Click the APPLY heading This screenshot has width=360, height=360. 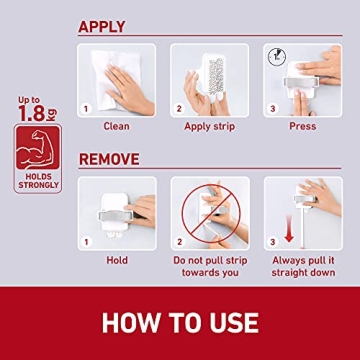pos(102,27)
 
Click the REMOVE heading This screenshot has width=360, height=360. pos(109,158)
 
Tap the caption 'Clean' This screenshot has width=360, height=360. pos(116,126)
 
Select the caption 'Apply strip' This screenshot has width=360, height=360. pos(209,126)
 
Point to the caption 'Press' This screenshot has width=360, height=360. pos(301,126)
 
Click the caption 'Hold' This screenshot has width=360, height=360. pos(116,260)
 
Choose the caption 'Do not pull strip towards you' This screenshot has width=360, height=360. pos(209,265)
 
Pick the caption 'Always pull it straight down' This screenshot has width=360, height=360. pos(301,265)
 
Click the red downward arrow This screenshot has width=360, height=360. pos(289,231)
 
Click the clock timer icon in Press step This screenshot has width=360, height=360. pos(276,56)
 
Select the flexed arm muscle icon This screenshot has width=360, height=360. pos(37,148)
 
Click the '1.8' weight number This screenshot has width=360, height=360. pos(30,112)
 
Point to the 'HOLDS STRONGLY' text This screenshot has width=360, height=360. pos(37,180)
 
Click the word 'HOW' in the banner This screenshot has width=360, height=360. pos(135,323)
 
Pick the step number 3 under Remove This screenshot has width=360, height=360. pos(272,241)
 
